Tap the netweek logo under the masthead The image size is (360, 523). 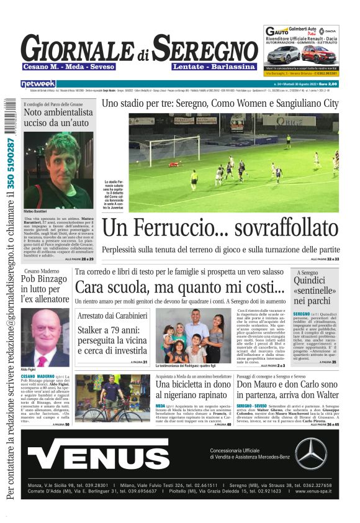(x=38, y=83)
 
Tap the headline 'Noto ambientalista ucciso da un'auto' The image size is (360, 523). (x=58, y=117)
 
